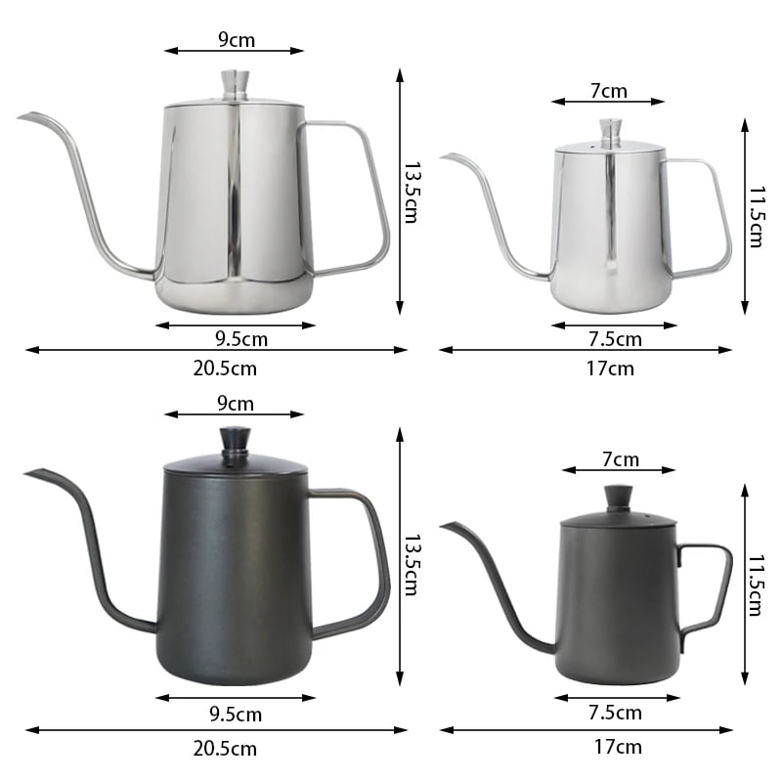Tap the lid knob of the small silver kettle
[610, 133]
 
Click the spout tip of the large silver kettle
[19, 117]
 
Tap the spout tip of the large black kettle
[26, 473]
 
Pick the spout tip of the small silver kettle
[441, 157]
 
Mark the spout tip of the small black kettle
[442, 526]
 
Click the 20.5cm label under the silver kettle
[225, 369]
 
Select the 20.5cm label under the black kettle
[225, 749]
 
